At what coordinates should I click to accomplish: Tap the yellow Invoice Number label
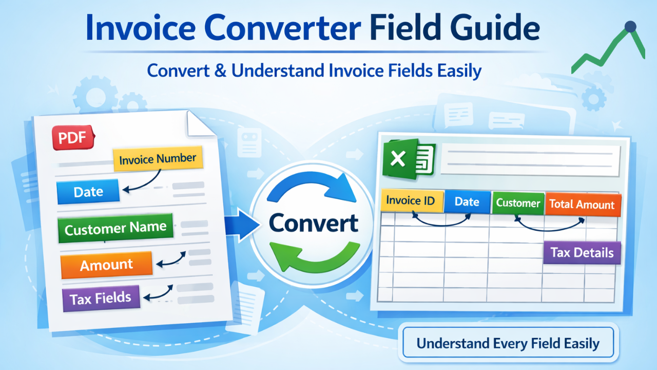158,159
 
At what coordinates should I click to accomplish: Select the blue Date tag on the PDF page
88,192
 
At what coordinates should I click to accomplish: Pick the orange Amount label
106,265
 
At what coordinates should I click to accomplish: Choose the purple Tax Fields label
101,298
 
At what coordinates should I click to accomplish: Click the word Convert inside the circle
313,224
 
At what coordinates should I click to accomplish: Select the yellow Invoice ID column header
411,200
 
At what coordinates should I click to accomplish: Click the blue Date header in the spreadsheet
467,202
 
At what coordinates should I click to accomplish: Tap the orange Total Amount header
582,205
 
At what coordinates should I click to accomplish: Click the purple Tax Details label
582,253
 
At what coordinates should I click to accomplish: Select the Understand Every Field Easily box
508,343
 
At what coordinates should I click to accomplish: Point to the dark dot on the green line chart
630,27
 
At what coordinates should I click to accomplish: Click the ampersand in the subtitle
220,70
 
